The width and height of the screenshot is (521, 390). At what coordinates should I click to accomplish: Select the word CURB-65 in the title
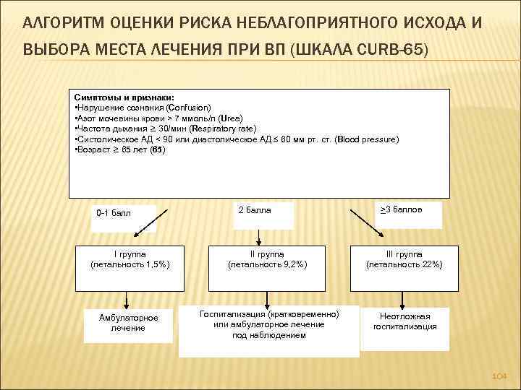pos(397,51)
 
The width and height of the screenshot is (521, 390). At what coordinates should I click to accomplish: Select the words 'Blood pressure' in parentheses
pos(367,139)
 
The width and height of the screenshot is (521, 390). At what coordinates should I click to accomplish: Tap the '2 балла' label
pos(255,210)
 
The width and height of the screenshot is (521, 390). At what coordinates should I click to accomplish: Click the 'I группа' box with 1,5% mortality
pos(130,260)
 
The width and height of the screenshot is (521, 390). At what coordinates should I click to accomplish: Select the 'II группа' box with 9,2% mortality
pos(268,260)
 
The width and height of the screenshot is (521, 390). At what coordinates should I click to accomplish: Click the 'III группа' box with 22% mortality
pos(404,260)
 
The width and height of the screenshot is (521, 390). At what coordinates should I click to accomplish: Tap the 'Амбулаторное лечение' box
pos(127,323)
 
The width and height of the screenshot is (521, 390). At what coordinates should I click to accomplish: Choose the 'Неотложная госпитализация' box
pos(404,321)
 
